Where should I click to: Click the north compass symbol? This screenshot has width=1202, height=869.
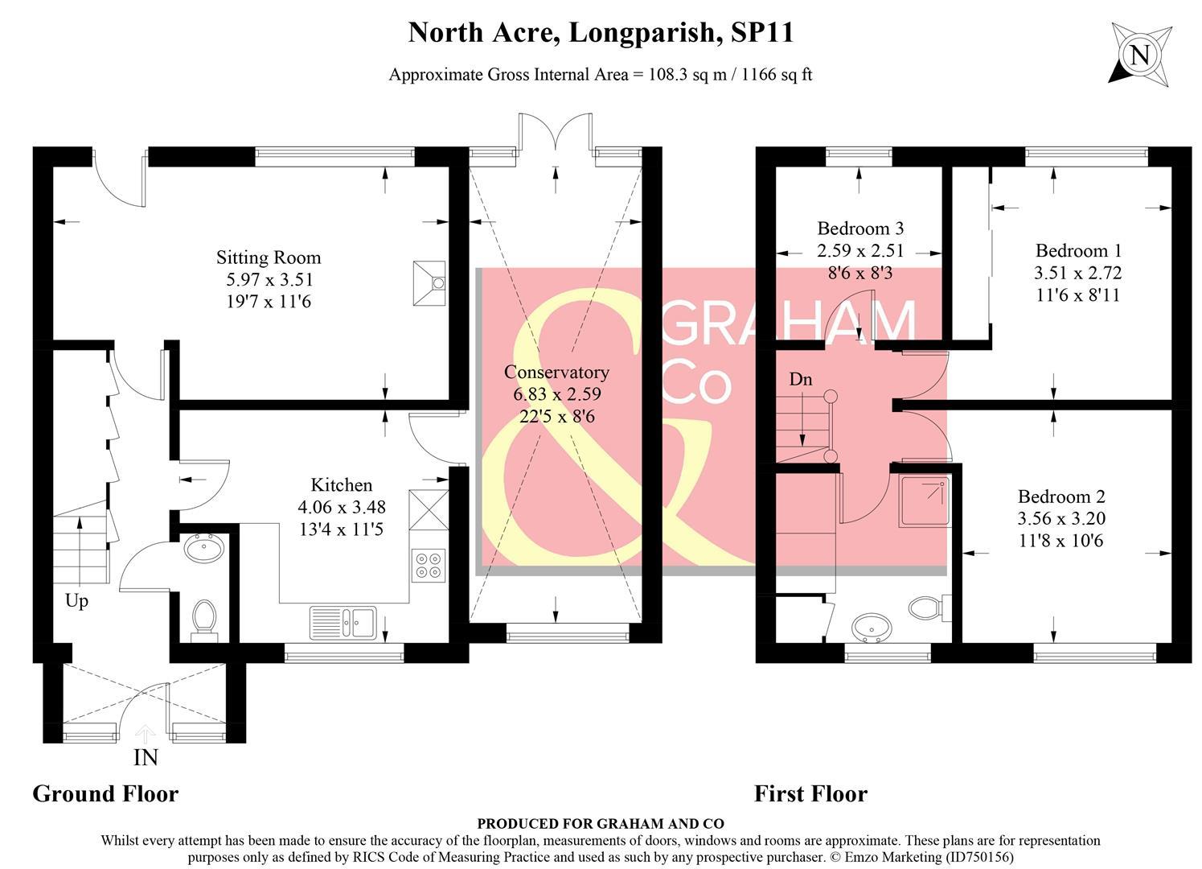click(x=1138, y=54)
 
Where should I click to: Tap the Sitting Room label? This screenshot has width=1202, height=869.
click(x=269, y=258)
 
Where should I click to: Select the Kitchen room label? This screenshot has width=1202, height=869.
click(x=342, y=485)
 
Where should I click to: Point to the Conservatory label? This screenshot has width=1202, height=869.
click(x=556, y=373)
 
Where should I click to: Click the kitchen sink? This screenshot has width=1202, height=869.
click(x=343, y=622)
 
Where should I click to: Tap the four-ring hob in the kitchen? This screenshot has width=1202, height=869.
click(x=428, y=563)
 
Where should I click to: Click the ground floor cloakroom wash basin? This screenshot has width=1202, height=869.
click(x=204, y=549)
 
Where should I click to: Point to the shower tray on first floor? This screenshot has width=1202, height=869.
click(x=924, y=501)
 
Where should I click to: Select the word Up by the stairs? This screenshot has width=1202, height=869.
click(x=76, y=601)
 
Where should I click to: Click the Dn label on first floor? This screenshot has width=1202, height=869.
click(x=800, y=379)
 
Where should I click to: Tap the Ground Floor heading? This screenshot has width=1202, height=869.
click(x=105, y=793)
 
